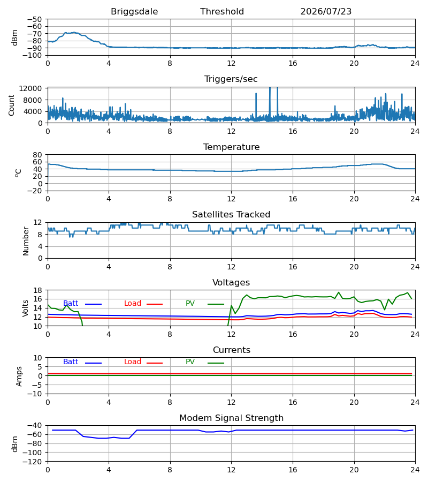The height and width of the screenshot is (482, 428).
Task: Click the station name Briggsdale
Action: coord(134,12)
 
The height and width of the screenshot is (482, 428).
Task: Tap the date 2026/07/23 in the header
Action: coord(326,11)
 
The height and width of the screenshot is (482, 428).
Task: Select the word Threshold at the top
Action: coord(222,11)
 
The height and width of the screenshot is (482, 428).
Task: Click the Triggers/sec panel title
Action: coord(231,79)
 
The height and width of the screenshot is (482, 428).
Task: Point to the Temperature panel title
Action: coord(231,147)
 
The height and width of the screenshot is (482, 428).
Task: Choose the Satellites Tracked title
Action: coord(231,215)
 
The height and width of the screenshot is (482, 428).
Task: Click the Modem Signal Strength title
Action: coord(231,418)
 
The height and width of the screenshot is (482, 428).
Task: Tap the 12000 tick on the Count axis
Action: coord(30,88)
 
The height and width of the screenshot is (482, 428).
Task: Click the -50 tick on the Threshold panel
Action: coord(34,19)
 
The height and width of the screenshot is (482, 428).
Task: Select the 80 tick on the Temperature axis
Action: coord(37,155)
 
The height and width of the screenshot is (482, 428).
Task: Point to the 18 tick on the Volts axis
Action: coord(37,290)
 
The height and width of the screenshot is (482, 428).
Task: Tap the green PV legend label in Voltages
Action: coord(190,304)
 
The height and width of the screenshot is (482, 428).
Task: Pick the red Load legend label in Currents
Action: coord(133,362)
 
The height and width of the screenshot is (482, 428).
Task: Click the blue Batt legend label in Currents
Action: coord(71,362)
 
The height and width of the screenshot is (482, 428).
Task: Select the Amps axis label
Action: coord(19,376)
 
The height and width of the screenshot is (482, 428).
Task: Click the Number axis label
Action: coord(26,242)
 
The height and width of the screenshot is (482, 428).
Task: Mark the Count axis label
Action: coord(12,105)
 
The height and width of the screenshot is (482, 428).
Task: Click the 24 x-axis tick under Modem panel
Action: coord(415,470)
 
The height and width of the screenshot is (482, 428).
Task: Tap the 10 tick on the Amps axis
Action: coord(37,358)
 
